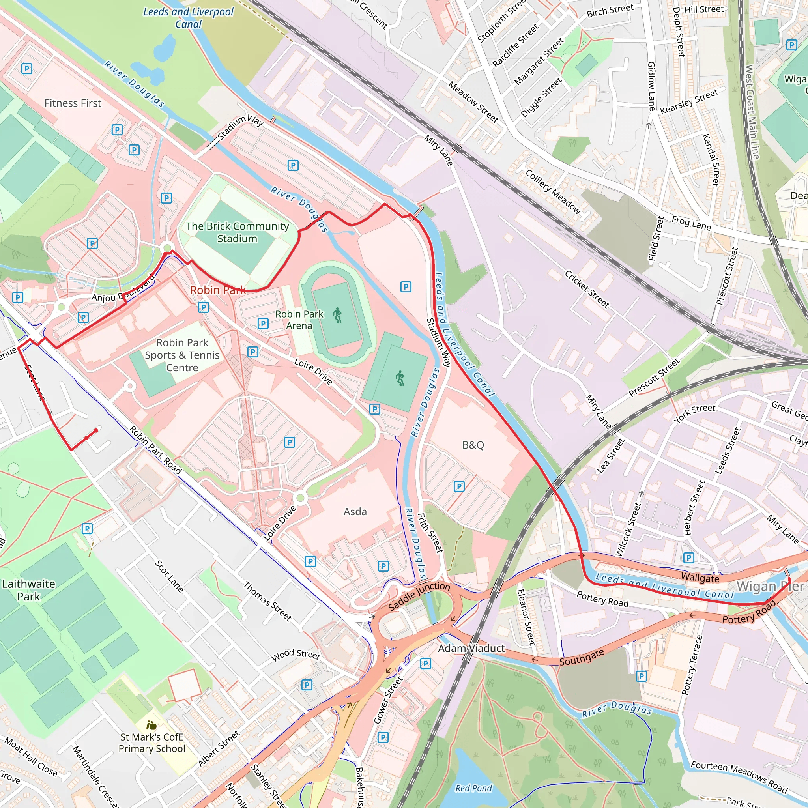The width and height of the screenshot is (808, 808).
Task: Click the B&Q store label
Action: [x=473, y=445]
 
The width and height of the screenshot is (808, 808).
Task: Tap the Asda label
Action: [x=355, y=511]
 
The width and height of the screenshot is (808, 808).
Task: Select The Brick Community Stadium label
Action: [x=237, y=232]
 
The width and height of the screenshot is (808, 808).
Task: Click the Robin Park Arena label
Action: [x=299, y=320]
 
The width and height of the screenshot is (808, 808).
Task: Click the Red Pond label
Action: [x=473, y=788]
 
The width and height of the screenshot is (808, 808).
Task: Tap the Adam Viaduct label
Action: [x=471, y=648]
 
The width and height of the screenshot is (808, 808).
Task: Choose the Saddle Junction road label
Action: [x=419, y=597]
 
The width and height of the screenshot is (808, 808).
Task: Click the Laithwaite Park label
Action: [x=28, y=590]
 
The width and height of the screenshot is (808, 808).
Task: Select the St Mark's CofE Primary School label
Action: [x=152, y=743]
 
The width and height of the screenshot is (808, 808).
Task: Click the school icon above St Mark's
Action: [x=151, y=725]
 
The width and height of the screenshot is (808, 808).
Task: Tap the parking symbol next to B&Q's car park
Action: [x=459, y=486]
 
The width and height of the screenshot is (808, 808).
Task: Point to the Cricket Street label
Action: [x=587, y=289]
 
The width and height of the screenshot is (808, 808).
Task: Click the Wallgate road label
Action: [x=700, y=578]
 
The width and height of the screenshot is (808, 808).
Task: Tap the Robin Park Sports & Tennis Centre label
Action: [x=182, y=355]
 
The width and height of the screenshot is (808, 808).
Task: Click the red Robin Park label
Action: [x=218, y=290]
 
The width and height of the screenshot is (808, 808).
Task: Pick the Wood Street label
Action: [x=296, y=655]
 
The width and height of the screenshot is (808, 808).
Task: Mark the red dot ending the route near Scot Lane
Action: [x=96, y=430]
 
